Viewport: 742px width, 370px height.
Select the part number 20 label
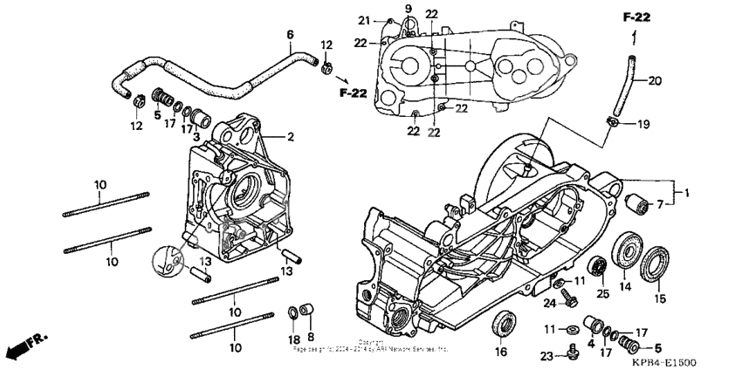click(655, 81)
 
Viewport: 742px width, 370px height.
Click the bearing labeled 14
click(625, 249)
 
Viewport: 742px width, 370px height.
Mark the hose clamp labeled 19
click(615, 124)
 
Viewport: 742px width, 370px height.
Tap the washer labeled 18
click(292, 312)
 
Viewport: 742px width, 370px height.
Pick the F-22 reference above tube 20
click(636, 17)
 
